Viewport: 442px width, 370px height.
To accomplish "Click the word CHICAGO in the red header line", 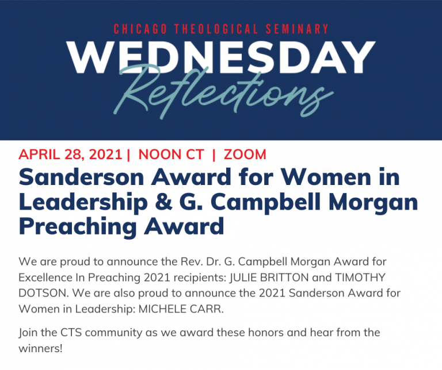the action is pyautogui.click(x=140, y=29).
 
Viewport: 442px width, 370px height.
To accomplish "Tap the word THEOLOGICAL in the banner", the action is pyautogui.click(x=216, y=29).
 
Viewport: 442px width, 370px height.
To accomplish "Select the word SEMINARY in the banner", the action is pyautogui.click(x=297, y=29).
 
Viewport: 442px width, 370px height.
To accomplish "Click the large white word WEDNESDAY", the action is pyautogui.click(x=221, y=57).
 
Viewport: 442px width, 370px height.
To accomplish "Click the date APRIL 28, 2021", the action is pyautogui.click(x=70, y=155).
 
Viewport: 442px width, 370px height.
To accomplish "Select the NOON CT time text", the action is pyautogui.click(x=171, y=155).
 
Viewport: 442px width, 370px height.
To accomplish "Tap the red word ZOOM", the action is pyautogui.click(x=245, y=155).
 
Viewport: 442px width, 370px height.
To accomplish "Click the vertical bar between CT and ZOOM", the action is pyautogui.click(x=214, y=155).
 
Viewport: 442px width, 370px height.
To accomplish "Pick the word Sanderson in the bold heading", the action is pyautogui.click(x=82, y=178).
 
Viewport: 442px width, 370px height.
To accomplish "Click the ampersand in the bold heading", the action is pyautogui.click(x=163, y=202).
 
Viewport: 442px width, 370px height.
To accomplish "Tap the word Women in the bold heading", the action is pyautogui.click(x=326, y=178).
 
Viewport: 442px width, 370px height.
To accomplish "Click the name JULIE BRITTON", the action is pyautogui.click(x=269, y=277).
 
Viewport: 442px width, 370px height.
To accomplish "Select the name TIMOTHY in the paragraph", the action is pyautogui.click(x=360, y=277).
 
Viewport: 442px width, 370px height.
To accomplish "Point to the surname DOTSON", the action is pyautogui.click(x=44, y=294).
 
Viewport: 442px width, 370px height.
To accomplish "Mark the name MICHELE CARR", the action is pyautogui.click(x=181, y=309).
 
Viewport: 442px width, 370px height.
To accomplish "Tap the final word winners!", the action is pyautogui.click(x=40, y=349).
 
